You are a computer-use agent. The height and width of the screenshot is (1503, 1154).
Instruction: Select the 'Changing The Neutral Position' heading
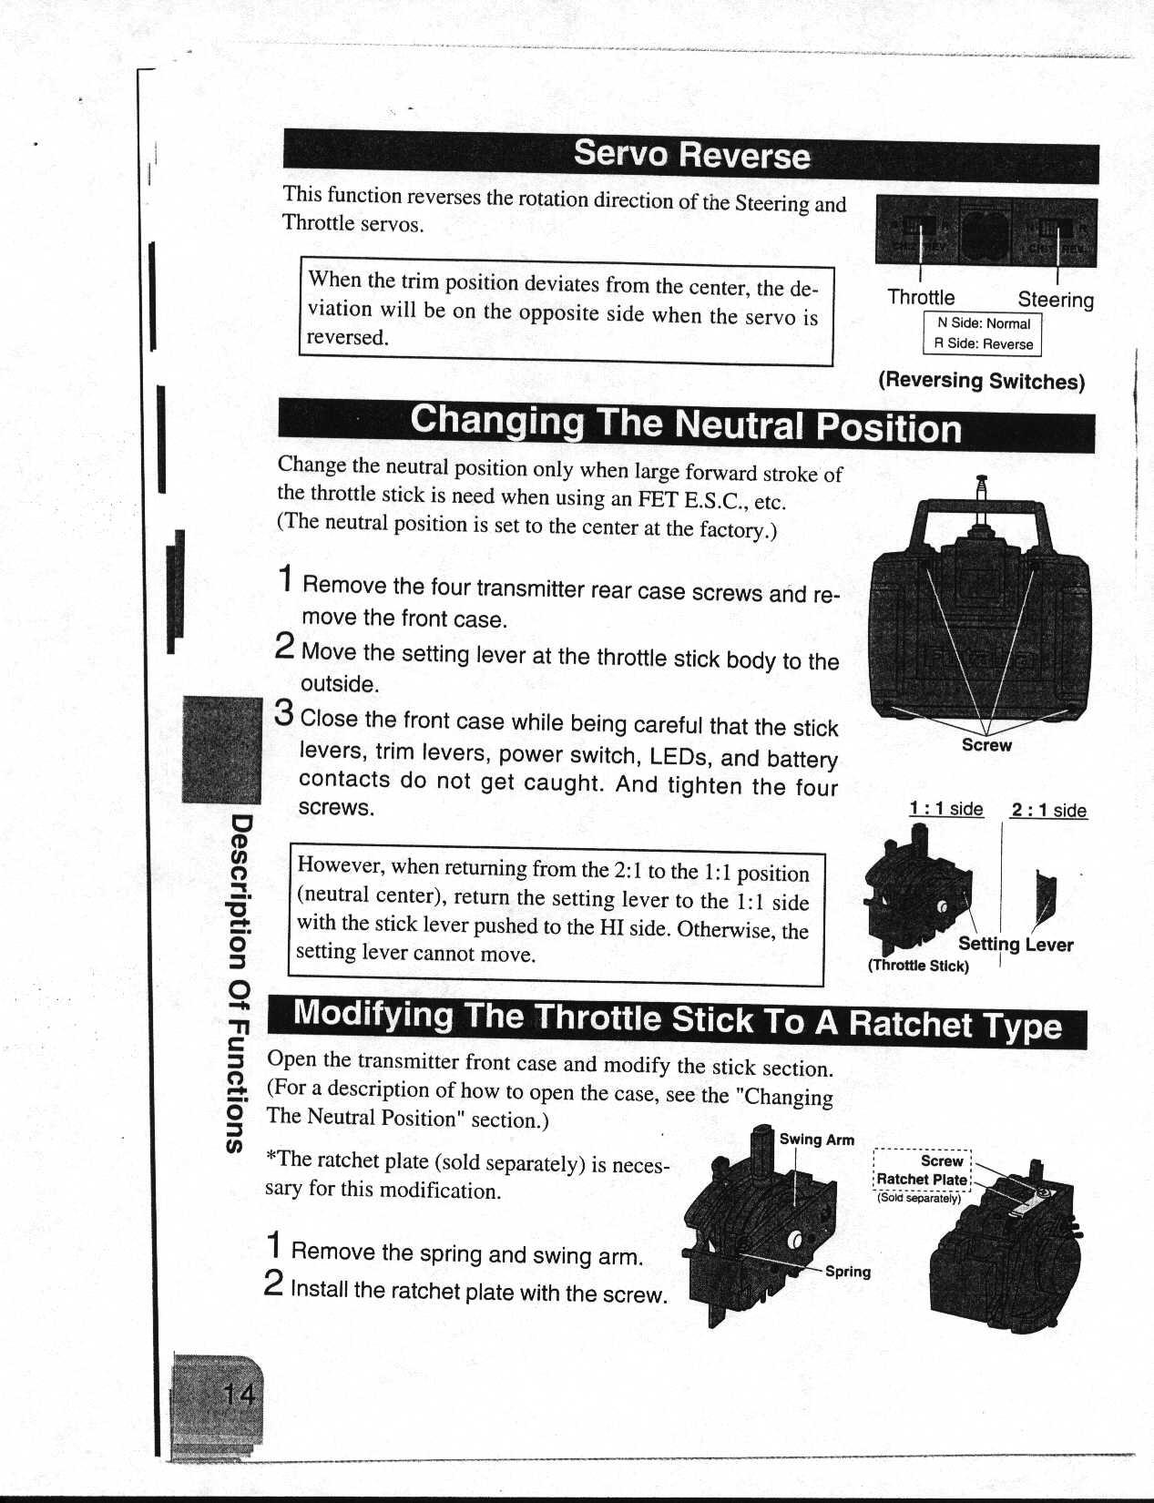click(x=685, y=424)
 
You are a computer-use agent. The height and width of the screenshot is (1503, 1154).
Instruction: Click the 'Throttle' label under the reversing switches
click(x=921, y=298)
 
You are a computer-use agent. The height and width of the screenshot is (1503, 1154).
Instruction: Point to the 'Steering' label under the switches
click(x=1055, y=300)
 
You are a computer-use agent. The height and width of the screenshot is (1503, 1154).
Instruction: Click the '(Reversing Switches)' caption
click(x=981, y=381)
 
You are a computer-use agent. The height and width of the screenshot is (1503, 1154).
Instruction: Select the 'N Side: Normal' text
click(x=983, y=323)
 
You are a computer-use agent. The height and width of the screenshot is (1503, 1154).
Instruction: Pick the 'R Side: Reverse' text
click(x=983, y=344)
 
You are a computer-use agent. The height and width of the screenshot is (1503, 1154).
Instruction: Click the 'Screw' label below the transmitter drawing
click(x=986, y=745)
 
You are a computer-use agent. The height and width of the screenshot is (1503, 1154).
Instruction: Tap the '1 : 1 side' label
click(x=945, y=809)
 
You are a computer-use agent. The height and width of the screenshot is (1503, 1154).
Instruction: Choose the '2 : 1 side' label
click(x=1048, y=811)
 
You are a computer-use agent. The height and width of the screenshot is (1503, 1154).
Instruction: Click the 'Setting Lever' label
click(x=1015, y=945)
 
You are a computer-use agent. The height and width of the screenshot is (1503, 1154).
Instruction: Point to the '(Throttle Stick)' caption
click(x=918, y=966)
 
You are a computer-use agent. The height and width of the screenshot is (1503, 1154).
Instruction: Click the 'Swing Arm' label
click(x=816, y=1140)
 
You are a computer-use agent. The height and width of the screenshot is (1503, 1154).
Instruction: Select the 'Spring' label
click(x=847, y=1272)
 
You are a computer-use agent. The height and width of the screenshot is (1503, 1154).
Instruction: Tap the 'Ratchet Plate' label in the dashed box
click(x=922, y=1179)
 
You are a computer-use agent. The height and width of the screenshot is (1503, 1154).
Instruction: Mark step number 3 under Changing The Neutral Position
click(x=284, y=713)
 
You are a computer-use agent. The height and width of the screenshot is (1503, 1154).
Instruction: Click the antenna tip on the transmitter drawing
click(x=981, y=478)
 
